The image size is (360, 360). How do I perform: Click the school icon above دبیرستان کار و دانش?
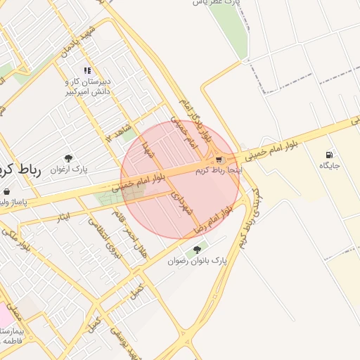[x=87, y=70]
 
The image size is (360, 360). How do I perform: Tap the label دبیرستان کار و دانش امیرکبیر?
[x=88, y=86]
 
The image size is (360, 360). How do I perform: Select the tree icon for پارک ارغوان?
[x=68, y=159]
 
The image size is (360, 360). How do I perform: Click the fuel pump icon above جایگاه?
[x=329, y=155]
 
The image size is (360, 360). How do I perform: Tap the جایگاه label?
[x=329, y=166]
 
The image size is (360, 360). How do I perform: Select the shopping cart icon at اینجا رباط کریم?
[x=221, y=160]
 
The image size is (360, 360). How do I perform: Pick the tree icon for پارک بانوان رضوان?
[x=198, y=250]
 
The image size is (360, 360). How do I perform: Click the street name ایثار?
[x=63, y=217]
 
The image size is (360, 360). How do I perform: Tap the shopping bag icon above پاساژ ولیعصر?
[x=6, y=191]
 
